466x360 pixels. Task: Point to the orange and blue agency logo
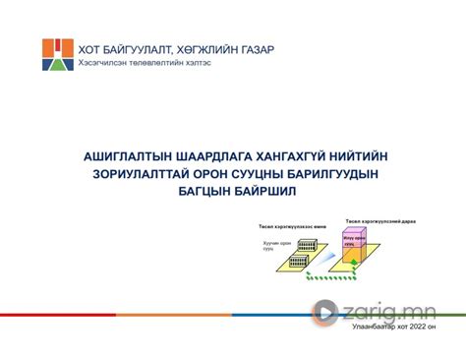57,55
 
